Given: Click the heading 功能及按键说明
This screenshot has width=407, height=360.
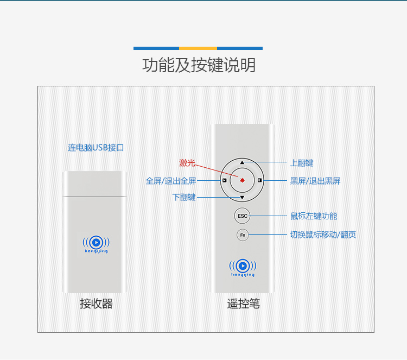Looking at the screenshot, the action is click(x=199, y=66).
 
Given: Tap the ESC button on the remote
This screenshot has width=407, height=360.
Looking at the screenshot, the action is click(x=242, y=216).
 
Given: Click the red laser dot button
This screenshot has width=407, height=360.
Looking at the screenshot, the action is click(x=242, y=180).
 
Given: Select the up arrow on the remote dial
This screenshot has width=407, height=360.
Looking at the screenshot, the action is click(x=242, y=162).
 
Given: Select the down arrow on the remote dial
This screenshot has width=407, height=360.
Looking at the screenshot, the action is click(x=242, y=198).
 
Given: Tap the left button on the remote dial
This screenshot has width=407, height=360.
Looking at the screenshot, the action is click(x=224, y=180).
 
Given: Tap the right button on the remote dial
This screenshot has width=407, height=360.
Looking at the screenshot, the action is click(x=260, y=180).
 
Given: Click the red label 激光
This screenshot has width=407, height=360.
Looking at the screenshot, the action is click(x=187, y=163).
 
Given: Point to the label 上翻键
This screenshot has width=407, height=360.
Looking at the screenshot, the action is click(x=302, y=163).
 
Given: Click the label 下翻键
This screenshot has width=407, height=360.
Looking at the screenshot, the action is click(x=184, y=198).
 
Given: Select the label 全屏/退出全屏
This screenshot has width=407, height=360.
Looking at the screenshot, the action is click(x=171, y=181).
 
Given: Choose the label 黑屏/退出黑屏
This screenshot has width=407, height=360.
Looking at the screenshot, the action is click(x=315, y=181).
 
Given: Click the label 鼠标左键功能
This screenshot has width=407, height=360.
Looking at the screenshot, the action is click(x=314, y=216).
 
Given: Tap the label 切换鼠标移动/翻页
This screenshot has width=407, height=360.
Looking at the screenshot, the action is click(x=323, y=235).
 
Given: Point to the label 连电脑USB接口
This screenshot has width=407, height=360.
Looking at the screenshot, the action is click(x=96, y=148).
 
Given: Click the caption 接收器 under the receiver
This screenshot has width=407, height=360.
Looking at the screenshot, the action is click(x=96, y=304).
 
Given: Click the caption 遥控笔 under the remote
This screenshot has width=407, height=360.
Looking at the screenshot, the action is click(x=243, y=304).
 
